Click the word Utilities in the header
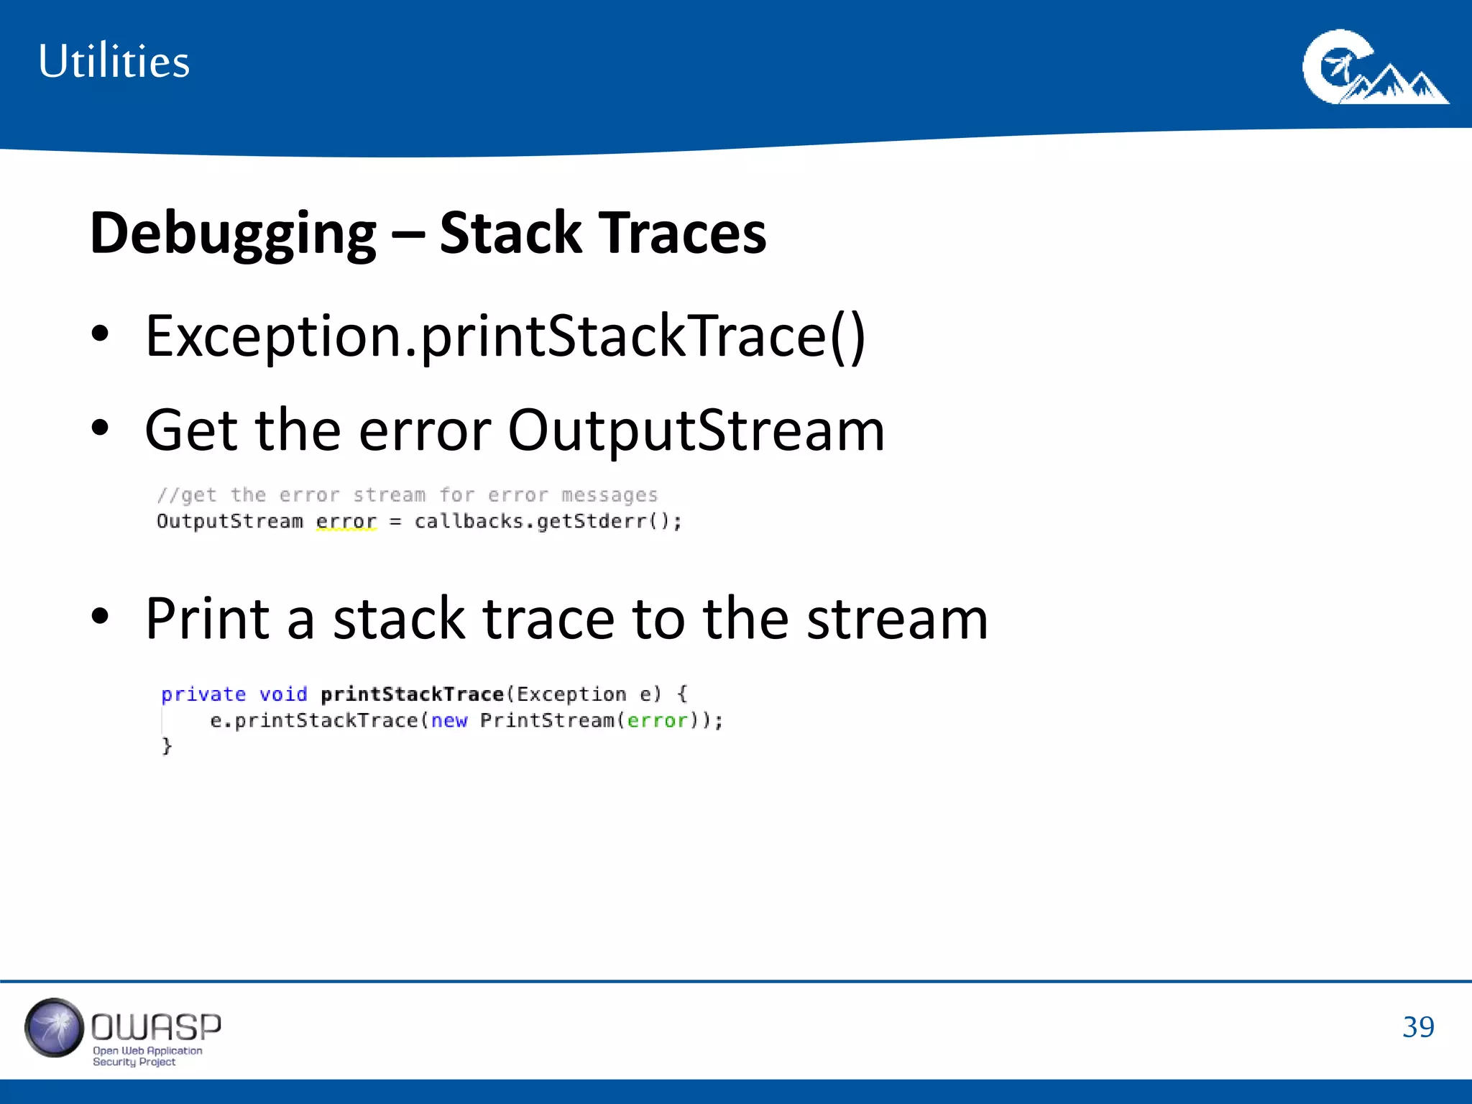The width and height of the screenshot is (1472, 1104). click(x=114, y=62)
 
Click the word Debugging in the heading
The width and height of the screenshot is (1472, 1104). click(x=233, y=234)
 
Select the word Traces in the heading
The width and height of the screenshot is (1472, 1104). click(x=683, y=234)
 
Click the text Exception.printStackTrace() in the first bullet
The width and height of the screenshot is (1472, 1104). click(x=505, y=336)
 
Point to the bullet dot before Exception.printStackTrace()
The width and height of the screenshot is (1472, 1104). click(x=100, y=334)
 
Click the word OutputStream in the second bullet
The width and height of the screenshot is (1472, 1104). click(x=696, y=431)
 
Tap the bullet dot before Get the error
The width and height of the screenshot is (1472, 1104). click(x=100, y=428)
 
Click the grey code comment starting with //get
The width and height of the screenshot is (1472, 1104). click(x=407, y=495)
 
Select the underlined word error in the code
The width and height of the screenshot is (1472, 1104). click(x=346, y=521)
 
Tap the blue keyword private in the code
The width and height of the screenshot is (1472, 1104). click(x=203, y=694)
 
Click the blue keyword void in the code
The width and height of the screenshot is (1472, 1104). click(x=283, y=694)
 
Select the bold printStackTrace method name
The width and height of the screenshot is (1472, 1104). click(x=412, y=694)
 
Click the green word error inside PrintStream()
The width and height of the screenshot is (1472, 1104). click(x=657, y=720)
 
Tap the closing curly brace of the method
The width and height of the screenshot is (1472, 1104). click(x=167, y=746)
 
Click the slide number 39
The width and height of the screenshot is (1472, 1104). click(x=1417, y=1027)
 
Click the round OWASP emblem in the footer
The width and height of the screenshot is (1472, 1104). click(x=54, y=1028)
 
